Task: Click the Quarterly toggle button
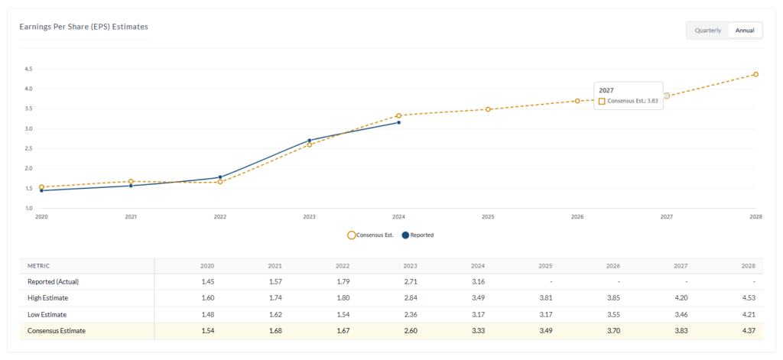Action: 707,31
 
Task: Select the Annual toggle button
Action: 744,31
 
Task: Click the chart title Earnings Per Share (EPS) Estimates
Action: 83,27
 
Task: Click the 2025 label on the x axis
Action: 488,217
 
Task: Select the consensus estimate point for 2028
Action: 755,74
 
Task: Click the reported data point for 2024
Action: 398,122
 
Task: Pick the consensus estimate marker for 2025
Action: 488,109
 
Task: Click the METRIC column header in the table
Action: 39,266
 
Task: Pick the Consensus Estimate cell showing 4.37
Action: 747,330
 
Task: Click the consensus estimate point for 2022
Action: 220,182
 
